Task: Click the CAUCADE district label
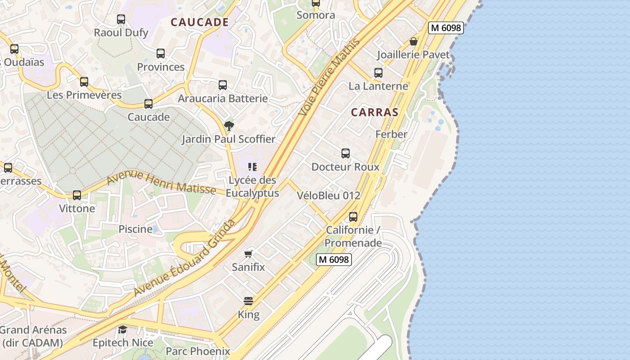[x=199, y=22]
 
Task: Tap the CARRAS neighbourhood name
[x=374, y=112]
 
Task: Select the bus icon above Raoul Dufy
[x=121, y=19]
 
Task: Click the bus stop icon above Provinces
[x=161, y=54]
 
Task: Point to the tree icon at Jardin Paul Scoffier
[x=229, y=126]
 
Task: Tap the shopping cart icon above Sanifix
[x=248, y=254]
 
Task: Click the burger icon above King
[x=248, y=301]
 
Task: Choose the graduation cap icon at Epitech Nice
[x=122, y=330]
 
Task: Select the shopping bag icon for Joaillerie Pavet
[x=414, y=41]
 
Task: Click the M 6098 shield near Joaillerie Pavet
[x=445, y=28]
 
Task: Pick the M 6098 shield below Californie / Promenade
[x=333, y=260]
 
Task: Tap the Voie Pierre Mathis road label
[x=330, y=77]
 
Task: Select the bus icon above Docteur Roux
[x=345, y=153]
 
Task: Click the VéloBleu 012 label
[x=328, y=196]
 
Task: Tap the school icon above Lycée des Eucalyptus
[x=252, y=167]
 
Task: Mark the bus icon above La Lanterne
[x=378, y=73]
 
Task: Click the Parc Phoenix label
[x=198, y=351]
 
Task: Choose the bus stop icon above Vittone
[x=77, y=195]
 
